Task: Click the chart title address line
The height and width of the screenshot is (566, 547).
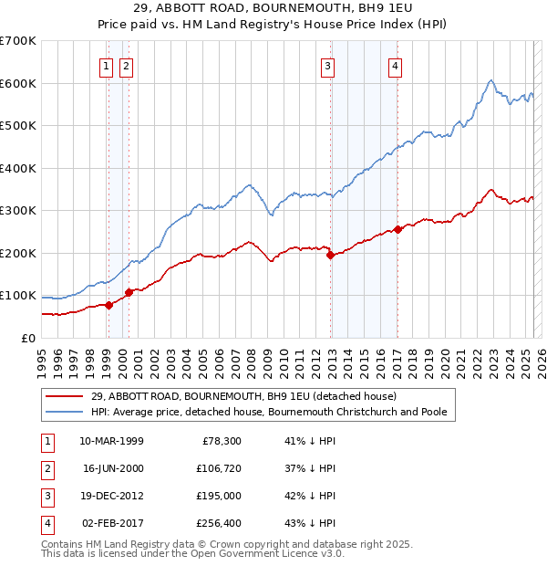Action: click(x=273, y=8)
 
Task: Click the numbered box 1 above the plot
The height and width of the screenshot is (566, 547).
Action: click(x=107, y=65)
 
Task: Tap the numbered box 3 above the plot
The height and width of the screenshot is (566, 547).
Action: click(x=327, y=65)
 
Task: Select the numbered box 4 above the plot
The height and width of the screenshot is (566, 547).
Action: click(x=395, y=65)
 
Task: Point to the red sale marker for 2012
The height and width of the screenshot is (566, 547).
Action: click(x=331, y=256)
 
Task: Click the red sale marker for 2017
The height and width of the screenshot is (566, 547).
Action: click(x=397, y=229)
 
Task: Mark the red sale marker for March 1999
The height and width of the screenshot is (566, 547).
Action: click(x=108, y=305)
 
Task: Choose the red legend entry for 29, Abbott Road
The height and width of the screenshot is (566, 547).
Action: click(x=243, y=396)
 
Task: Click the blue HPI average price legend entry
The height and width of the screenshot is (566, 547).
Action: click(x=268, y=413)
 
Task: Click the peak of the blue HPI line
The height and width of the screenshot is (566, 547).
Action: click(x=490, y=80)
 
